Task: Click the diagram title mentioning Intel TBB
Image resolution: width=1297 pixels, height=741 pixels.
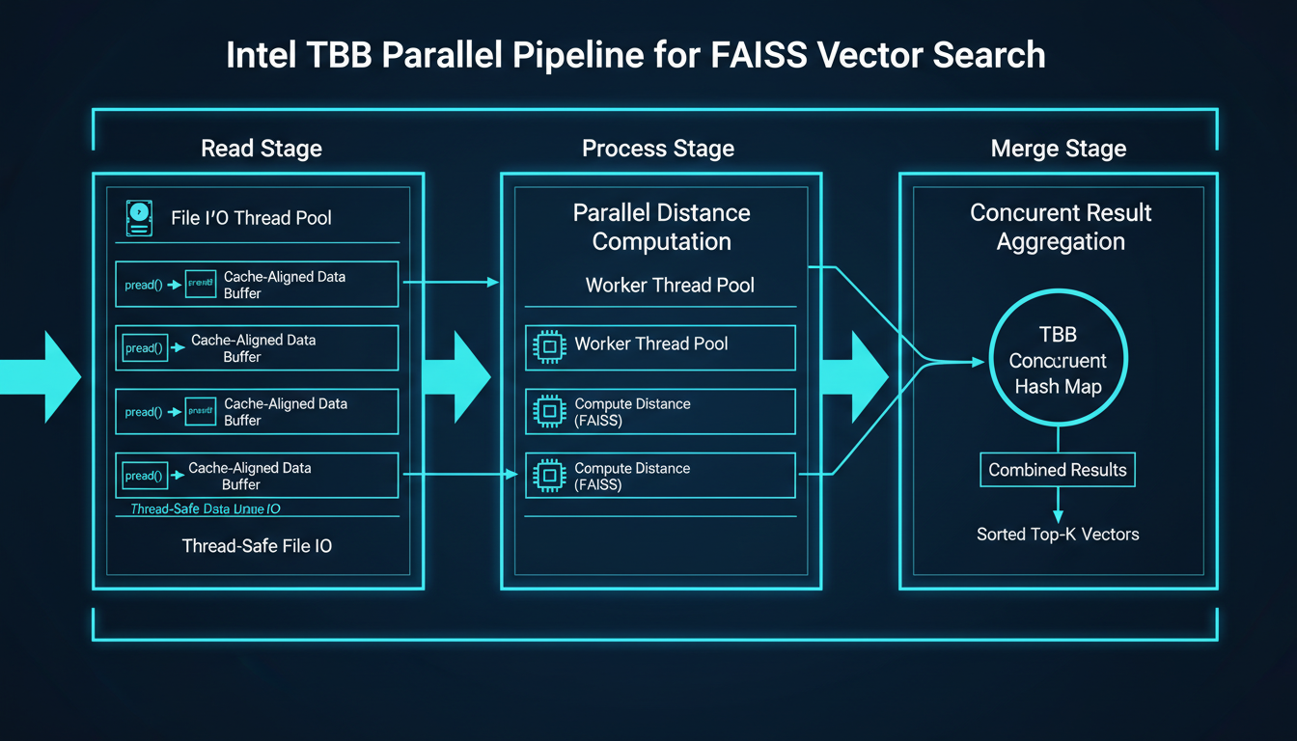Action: (635, 55)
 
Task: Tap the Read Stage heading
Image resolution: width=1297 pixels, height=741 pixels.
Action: (262, 149)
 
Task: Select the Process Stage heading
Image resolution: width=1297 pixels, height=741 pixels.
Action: (658, 149)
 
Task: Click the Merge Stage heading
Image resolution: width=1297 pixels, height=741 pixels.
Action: (1059, 149)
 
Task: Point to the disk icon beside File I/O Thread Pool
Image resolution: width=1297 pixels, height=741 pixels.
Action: (140, 217)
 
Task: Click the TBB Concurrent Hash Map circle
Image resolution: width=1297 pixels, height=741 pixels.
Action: (1059, 361)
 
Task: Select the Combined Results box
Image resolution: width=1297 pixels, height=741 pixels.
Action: (1058, 470)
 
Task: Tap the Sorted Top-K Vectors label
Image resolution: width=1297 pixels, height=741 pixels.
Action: (1058, 534)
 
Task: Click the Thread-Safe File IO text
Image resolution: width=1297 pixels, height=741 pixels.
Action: (257, 546)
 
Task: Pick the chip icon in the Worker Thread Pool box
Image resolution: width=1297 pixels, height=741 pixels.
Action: (548, 345)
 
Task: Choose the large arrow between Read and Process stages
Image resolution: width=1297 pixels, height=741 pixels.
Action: (458, 374)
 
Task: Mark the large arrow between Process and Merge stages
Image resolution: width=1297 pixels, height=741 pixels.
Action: (853, 374)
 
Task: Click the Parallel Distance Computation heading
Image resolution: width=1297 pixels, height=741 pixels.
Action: (661, 227)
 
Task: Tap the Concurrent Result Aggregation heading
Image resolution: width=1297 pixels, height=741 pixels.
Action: (1060, 227)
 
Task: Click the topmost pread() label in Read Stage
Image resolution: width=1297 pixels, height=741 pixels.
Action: (144, 285)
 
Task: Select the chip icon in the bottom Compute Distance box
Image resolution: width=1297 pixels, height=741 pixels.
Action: (548, 476)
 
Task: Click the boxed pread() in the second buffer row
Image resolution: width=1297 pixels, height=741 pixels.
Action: (144, 348)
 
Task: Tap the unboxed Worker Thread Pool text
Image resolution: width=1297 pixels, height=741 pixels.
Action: (670, 286)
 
